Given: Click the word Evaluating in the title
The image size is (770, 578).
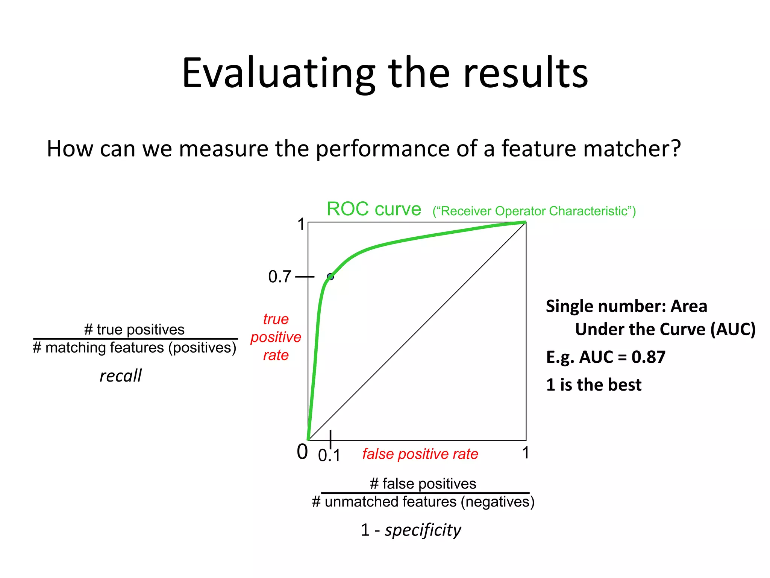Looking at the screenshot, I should click(x=279, y=73).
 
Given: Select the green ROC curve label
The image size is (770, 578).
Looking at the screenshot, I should click(x=374, y=209).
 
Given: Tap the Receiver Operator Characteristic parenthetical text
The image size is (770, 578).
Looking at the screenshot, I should click(x=534, y=211).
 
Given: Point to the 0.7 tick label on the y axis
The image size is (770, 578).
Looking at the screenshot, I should click(x=279, y=277).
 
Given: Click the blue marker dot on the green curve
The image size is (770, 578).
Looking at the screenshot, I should click(x=330, y=277).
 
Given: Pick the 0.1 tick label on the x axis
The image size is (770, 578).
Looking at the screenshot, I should click(x=329, y=456).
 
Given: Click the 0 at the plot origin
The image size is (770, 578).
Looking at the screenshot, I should click(x=302, y=452).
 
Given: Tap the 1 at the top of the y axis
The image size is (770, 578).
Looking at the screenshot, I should click(x=301, y=225).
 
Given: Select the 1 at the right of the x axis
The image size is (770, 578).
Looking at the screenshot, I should click(x=526, y=453).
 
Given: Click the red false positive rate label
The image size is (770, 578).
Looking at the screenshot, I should click(x=420, y=454).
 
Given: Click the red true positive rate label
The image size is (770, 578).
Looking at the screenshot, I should click(x=276, y=337).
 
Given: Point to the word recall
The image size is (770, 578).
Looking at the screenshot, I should click(x=120, y=376).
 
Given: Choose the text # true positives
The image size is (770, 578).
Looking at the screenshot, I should click(x=134, y=330).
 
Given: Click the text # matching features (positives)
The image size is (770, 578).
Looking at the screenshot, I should click(x=134, y=348).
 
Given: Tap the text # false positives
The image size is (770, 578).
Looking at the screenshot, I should click(x=423, y=484).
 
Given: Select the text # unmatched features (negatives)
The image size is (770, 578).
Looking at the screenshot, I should click(x=423, y=502).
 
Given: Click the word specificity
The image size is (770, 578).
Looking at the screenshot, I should click(x=423, y=530).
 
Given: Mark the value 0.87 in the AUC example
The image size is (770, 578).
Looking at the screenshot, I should click(x=648, y=357).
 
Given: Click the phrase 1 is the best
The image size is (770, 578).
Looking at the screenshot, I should click(x=593, y=385).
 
